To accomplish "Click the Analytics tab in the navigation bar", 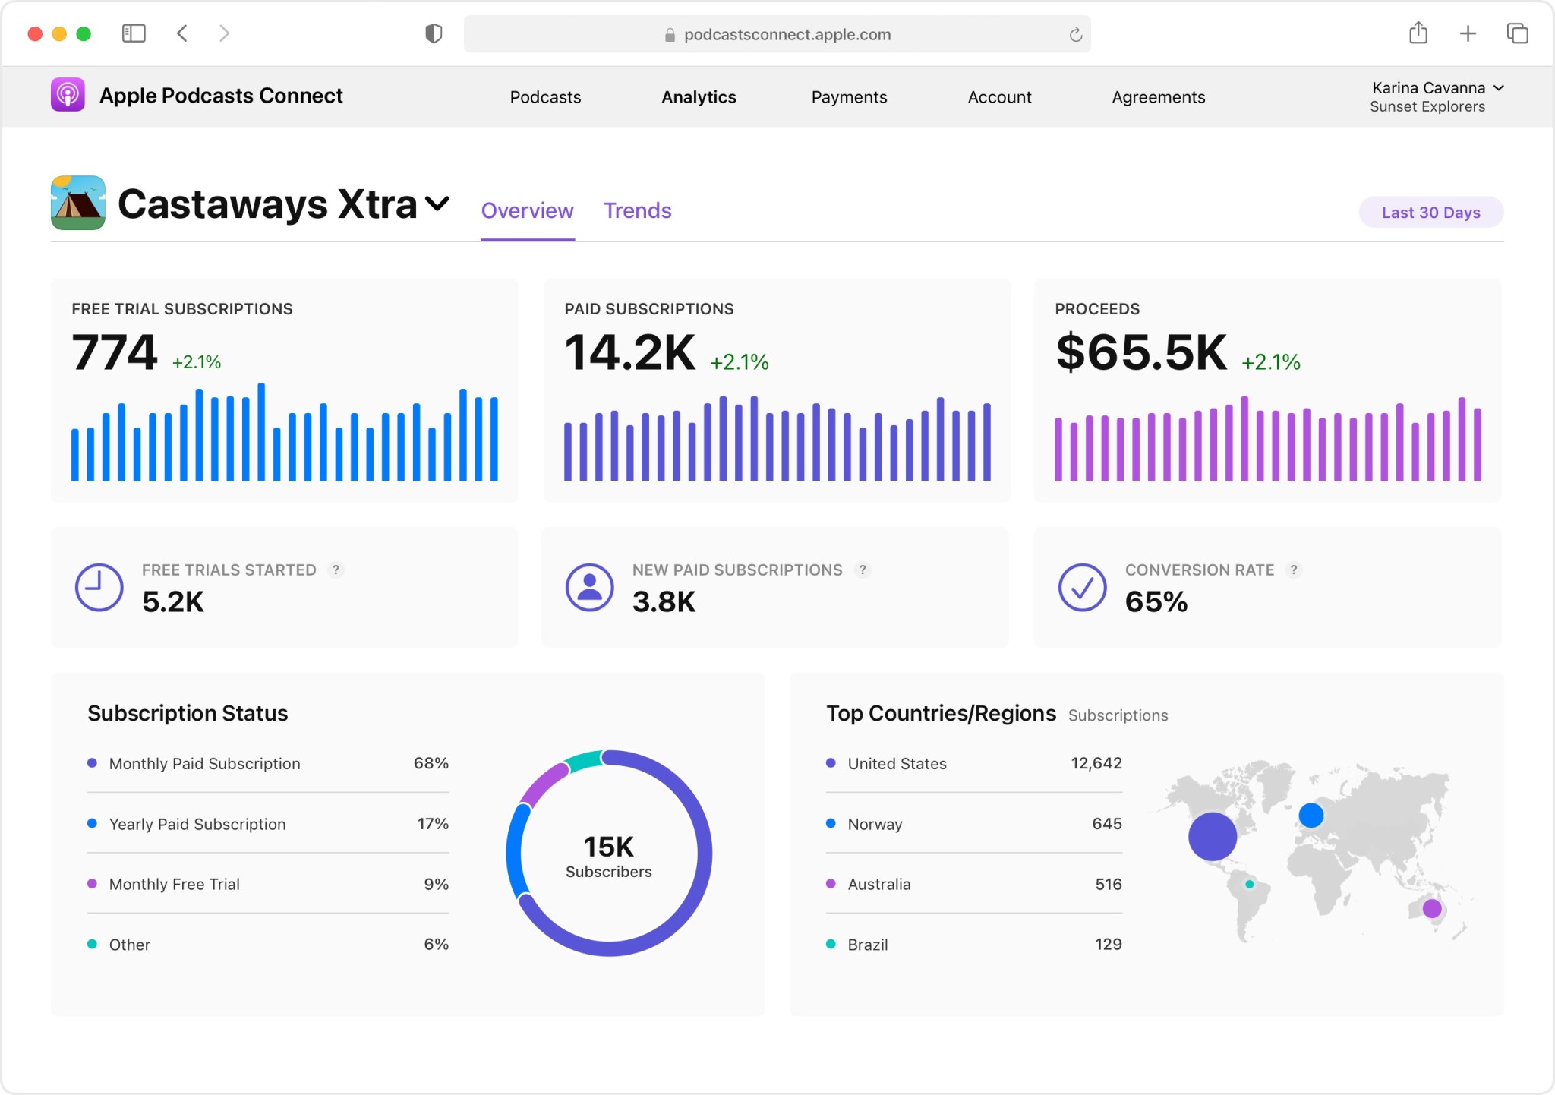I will coord(699,97).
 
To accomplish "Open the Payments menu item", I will coord(849,97).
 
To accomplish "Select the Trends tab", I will coord(637,210).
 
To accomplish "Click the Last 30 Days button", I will coord(1430,213).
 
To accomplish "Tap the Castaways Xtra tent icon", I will coord(78,203).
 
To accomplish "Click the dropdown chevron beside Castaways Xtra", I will coord(437,204).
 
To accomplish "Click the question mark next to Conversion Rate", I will coord(1294,570).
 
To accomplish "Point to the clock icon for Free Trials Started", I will coord(99,587).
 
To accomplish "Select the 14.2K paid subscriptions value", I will coord(629,353).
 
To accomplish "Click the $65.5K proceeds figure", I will coord(1140,353).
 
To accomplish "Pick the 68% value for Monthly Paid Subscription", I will coord(431,763).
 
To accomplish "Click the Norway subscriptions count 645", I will coord(1106,824).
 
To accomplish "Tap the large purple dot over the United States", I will coord(1212,836).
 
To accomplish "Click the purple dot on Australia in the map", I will coord(1432,908).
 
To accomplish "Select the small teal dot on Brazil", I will coord(1249,884).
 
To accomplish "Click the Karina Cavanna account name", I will coord(1428,88).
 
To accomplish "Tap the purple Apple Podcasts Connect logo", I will coord(68,95).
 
